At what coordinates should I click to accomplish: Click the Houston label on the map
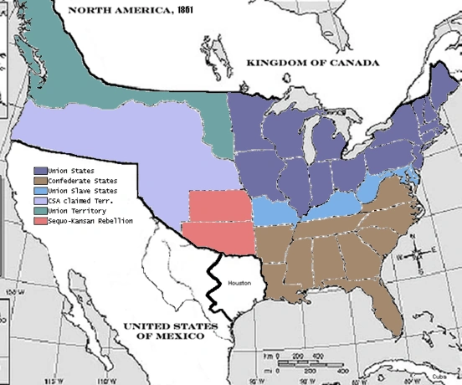[240, 285]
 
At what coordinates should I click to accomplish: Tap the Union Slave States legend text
[84, 191]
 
